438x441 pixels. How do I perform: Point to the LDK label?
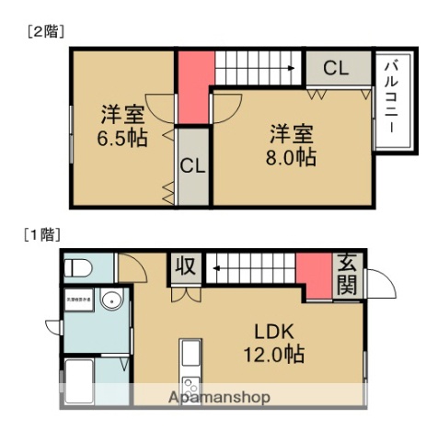(274, 332)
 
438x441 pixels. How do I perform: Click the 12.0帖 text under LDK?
(274, 355)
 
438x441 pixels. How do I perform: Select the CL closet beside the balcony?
(336, 67)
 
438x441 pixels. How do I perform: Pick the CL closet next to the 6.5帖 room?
(192, 166)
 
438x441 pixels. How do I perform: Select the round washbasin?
(111, 300)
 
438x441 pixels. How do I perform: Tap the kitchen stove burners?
(190, 384)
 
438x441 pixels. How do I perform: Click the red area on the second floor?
(193, 86)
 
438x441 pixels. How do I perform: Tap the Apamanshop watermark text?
(218, 398)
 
